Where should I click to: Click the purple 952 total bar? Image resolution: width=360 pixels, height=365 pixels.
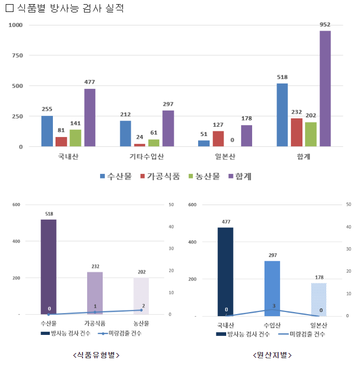tap(325, 88)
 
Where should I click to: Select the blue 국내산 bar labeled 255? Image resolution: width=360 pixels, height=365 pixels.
tap(47, 131)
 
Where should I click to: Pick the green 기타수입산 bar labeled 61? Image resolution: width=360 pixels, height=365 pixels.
tap(154, 143)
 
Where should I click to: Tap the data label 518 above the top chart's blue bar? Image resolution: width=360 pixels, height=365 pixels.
tap(282, 77)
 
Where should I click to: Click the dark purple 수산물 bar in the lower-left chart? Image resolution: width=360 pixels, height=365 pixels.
tap(48, 267)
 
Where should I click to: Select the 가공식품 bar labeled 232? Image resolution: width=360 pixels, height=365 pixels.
tap(95, 293)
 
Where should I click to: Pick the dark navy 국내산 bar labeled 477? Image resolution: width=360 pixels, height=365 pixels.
tap(226, 272)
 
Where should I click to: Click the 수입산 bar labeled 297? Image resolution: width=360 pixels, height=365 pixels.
tap(272, 288)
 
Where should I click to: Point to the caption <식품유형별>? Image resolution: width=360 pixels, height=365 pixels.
tap(96, 355)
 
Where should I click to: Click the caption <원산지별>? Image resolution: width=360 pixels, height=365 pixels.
tap(272, 355)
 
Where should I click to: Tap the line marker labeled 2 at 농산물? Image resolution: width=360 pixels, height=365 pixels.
tap(141, 310)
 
